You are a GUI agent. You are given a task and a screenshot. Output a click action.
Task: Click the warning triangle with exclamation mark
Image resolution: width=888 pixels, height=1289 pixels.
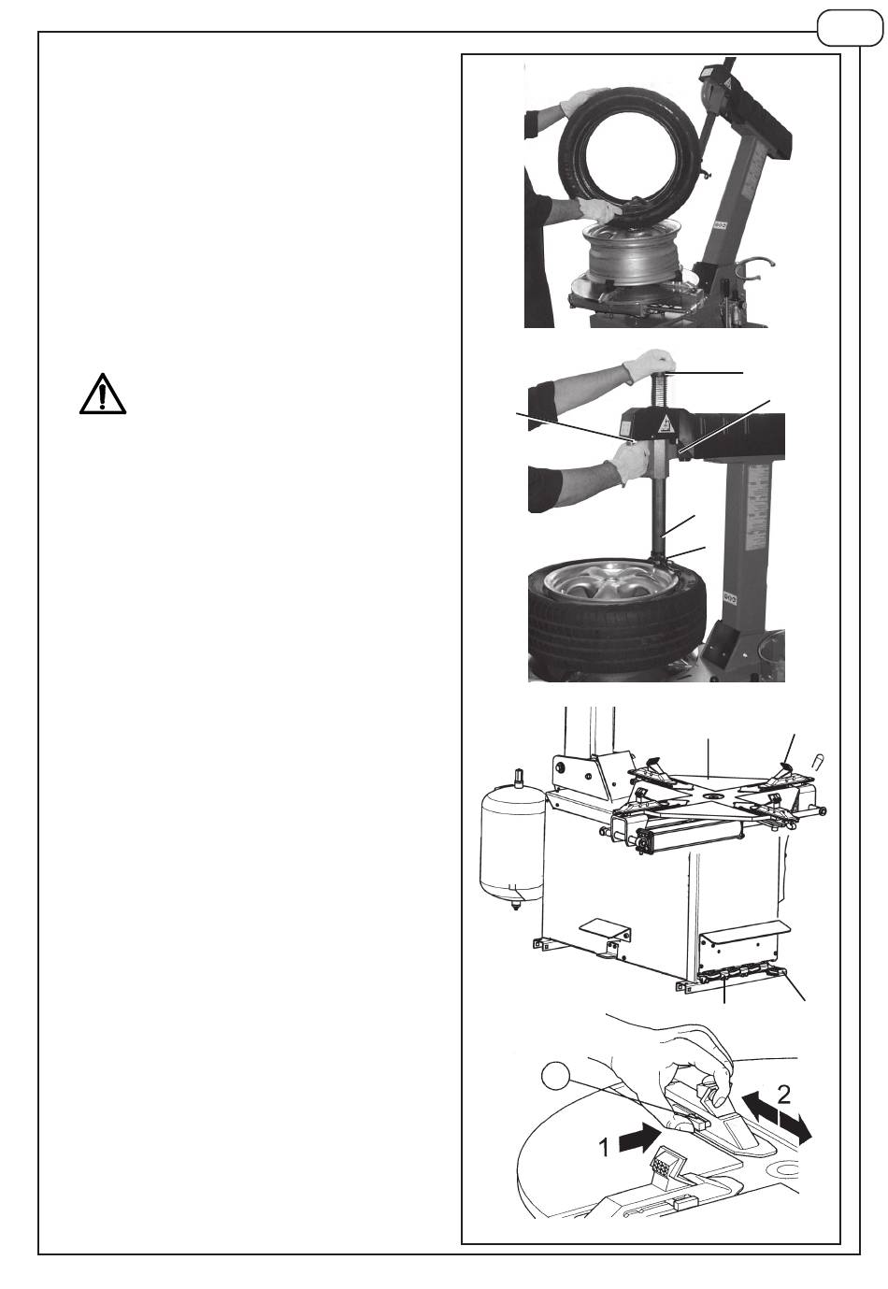(103, 394)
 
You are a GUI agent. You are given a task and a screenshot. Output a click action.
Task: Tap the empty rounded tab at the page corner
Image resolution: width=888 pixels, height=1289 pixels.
(849, 28)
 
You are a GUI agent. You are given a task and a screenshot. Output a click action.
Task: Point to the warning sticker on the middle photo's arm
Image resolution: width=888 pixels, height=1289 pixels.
(666, 424)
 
